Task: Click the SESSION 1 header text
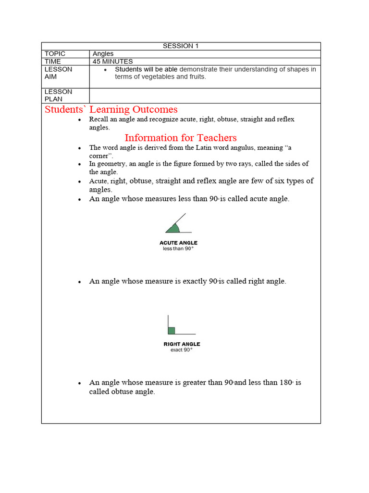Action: tap(180, 46)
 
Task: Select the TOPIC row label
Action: tap(55, 54)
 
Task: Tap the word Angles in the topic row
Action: tap(103, 54)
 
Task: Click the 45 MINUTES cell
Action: tap(112, 62)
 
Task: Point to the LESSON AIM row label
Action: tap(58, 73)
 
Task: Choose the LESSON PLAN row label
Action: tap(58, 95)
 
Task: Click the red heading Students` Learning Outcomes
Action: tap(111, 109)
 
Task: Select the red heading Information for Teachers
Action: tap(181, 138)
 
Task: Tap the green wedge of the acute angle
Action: tap(174, 229)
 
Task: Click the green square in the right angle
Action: tap(172, 330)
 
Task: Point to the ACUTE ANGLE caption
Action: tap(178, 243)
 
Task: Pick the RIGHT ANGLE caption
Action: tap(182, 344)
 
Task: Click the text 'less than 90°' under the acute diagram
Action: tap(178, 249)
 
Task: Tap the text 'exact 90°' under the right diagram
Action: tap(182, 350)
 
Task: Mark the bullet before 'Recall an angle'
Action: tap(79, 119)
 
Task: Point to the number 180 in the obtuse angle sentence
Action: tap(285, 383)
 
